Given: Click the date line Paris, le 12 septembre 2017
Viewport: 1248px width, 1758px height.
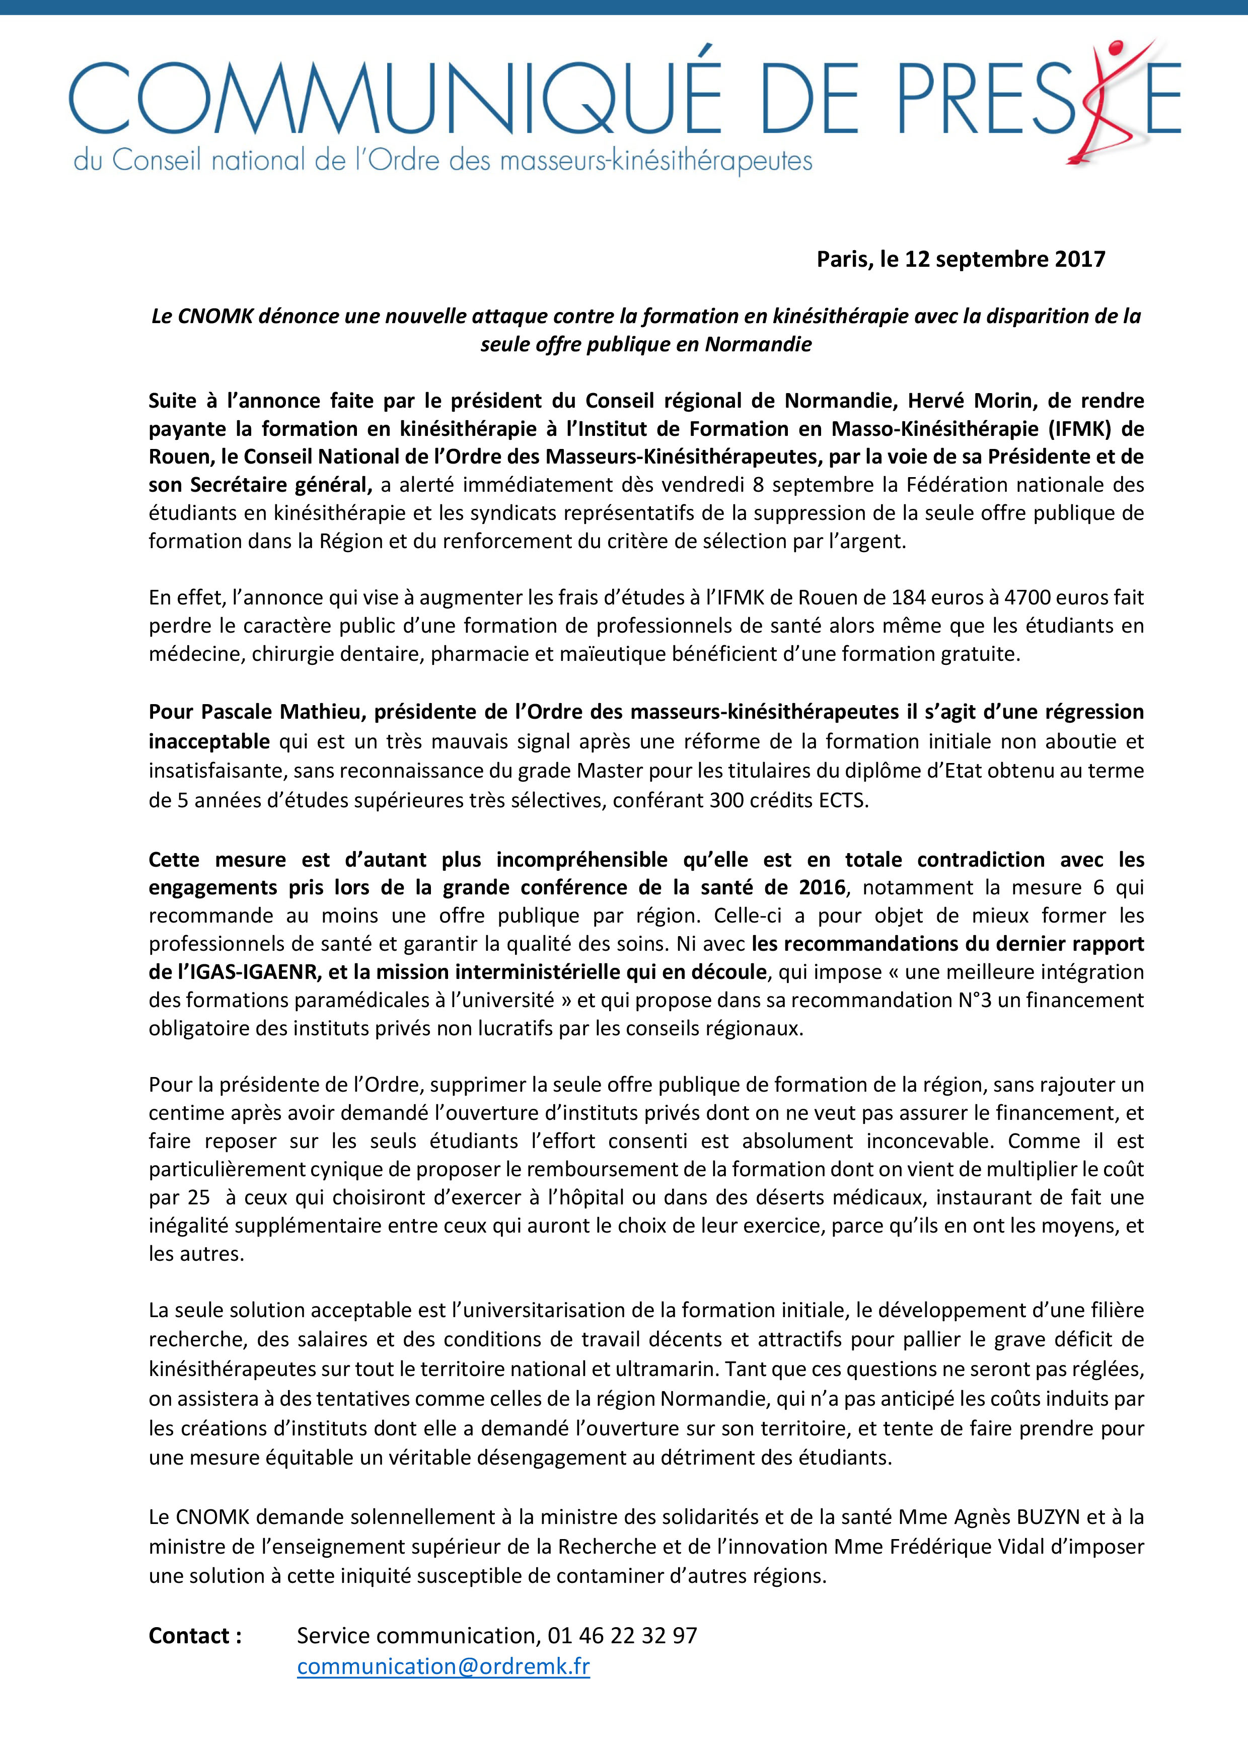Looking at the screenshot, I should pos(961,259).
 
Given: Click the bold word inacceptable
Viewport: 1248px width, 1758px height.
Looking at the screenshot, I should pos(209,741).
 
